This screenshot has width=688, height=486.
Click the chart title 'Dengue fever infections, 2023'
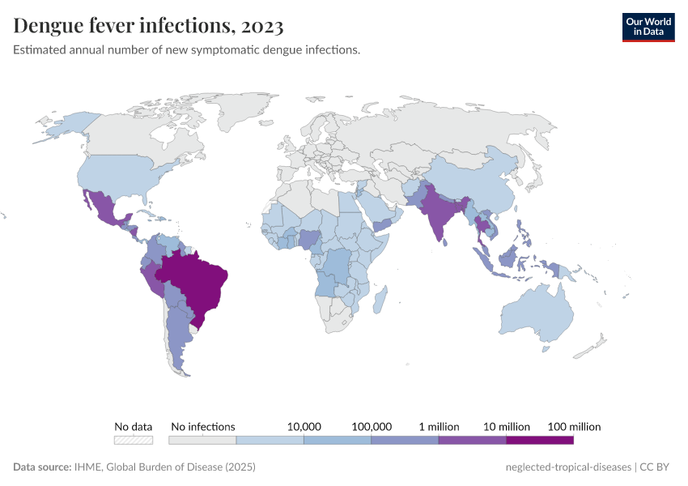pos(148,27)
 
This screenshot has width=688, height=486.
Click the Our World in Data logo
pos(648,27)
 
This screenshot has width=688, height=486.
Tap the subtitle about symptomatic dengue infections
pos(186,50)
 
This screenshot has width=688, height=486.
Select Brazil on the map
pos(198,279)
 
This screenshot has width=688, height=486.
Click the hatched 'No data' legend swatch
pos(134,441)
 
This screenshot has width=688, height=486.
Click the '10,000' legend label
pos(304,426)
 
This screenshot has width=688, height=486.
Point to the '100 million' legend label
pos(574,426)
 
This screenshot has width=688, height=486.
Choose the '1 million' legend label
pos(439,426)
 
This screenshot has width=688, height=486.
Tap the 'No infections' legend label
pos(203,426)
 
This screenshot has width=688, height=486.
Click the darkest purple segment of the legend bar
pos(540,441)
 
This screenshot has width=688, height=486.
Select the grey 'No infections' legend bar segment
pos(202,441)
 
